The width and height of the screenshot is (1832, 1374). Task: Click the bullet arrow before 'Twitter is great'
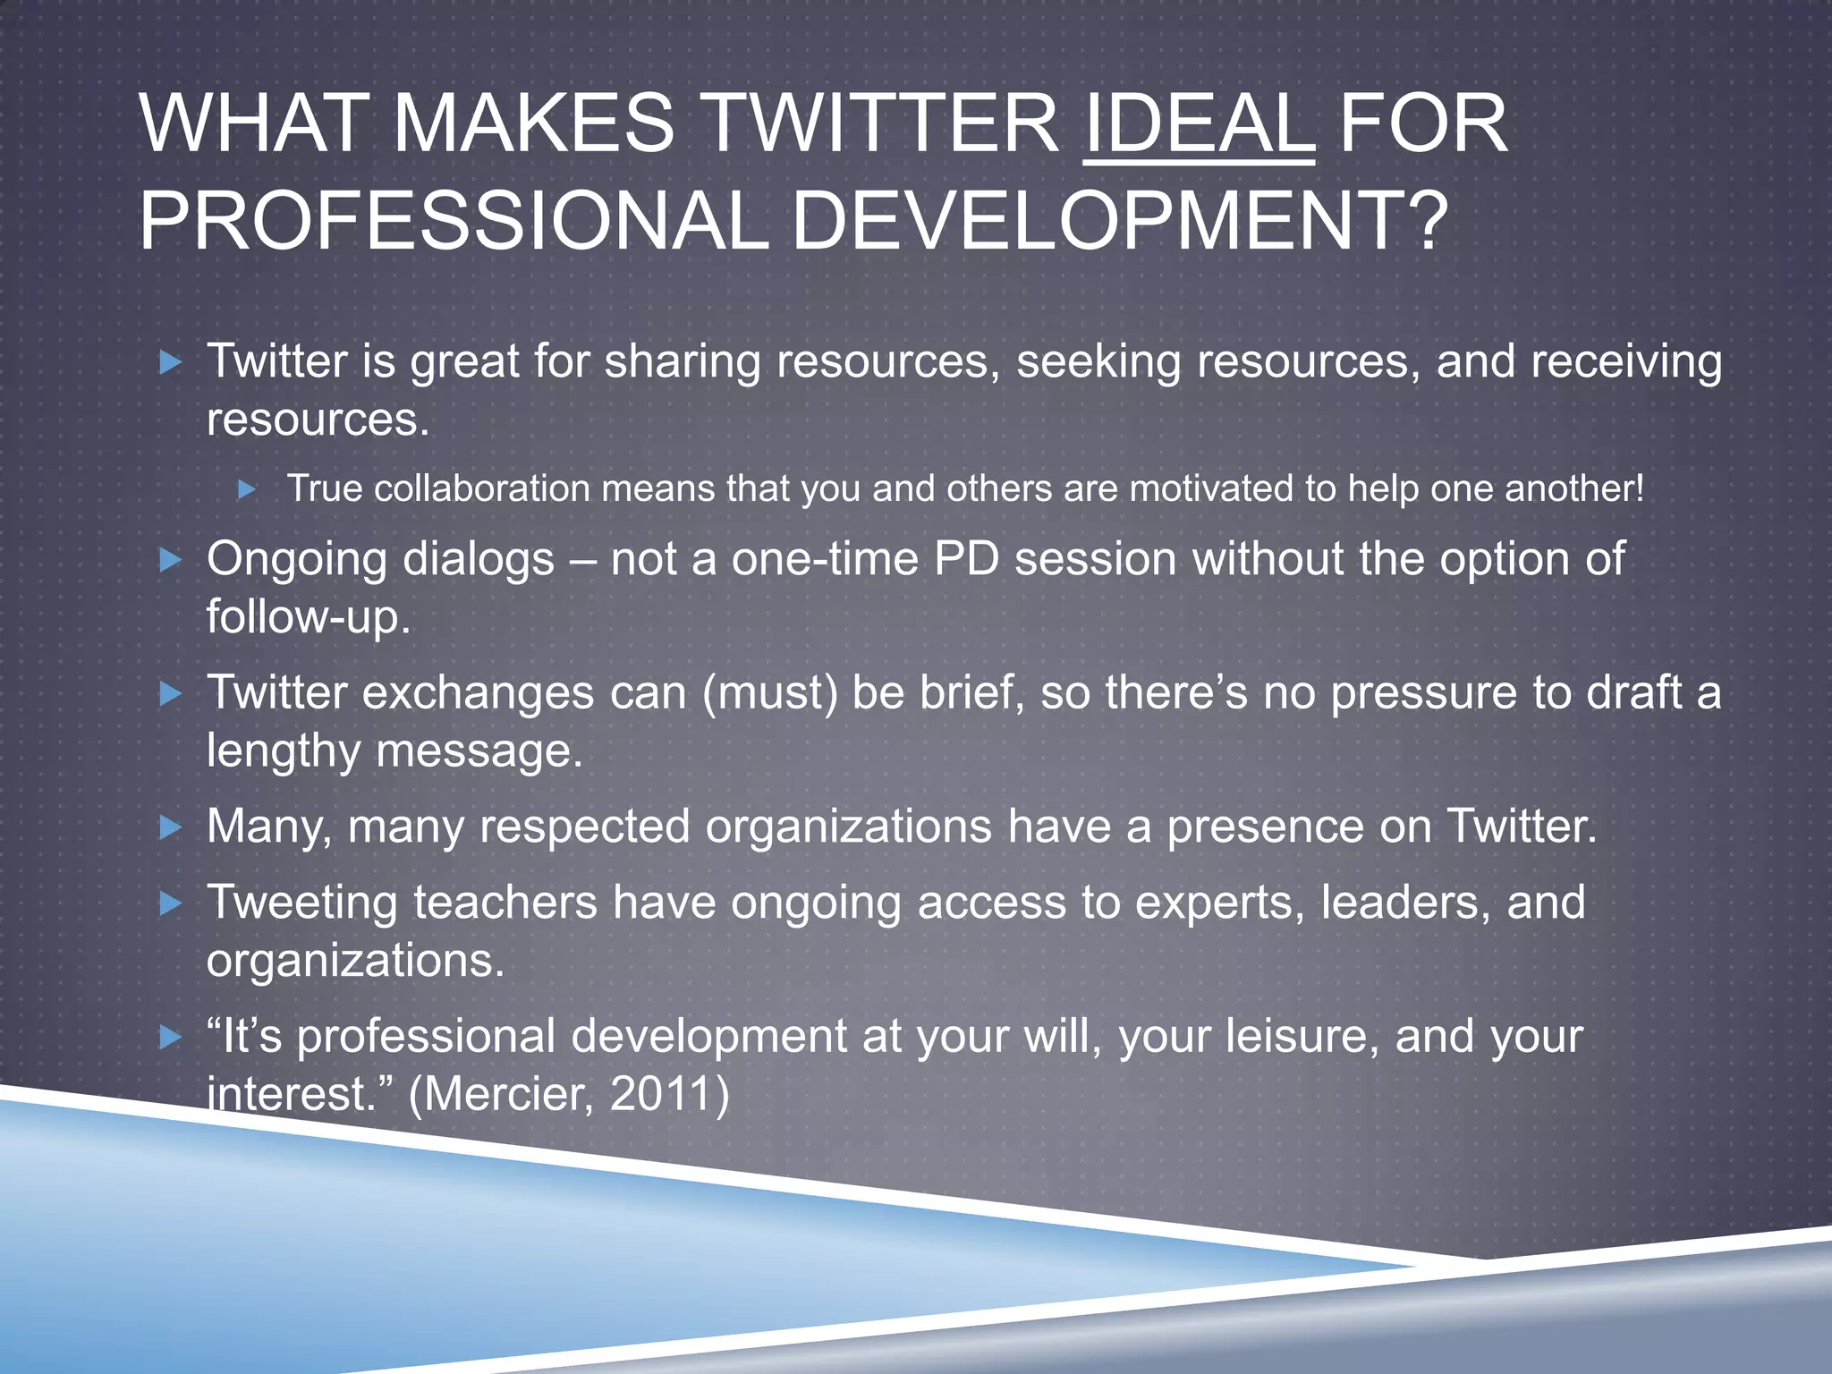click(x=170, y=362)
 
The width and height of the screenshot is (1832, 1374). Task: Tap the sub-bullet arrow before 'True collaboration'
click(x=248, y=489)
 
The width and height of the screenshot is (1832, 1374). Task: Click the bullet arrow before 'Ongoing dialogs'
click(x=170, y=561)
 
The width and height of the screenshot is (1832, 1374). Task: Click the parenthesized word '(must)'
click(x=770, y=692)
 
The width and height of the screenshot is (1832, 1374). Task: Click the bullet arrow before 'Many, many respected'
click(x=170, y=827)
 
